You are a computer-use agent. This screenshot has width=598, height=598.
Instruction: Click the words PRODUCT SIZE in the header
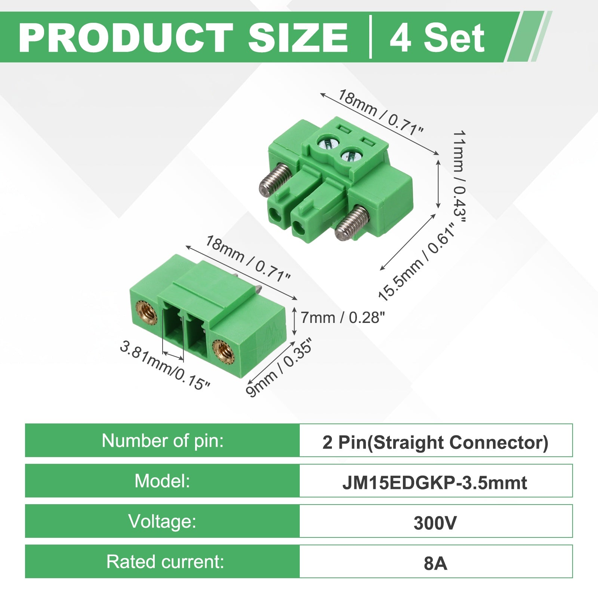coord(184,38)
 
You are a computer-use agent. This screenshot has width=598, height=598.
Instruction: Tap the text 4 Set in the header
coord(437,38)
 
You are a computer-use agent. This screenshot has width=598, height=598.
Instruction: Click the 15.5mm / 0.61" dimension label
coord(417,262)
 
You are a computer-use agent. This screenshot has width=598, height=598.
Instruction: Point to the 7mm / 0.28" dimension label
coord(342,318)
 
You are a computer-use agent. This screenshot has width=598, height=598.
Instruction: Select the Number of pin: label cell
coord(162,440)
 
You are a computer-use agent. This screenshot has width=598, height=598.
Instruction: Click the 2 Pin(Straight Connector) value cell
coord(436,440)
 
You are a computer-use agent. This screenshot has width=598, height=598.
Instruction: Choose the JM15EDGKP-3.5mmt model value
coord(435,483)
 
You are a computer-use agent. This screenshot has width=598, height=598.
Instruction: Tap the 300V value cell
coord(436,521)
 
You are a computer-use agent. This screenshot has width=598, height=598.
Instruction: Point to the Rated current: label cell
coord(162,561)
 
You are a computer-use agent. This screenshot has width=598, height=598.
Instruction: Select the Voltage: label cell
coord(162,521)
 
